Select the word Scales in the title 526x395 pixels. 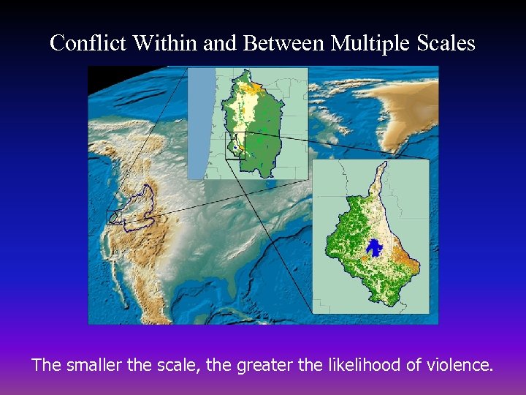point(447,43)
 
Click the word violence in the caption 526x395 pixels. point(454,364)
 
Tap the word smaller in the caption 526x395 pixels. point(96,364)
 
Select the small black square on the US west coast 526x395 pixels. point(114,217)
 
